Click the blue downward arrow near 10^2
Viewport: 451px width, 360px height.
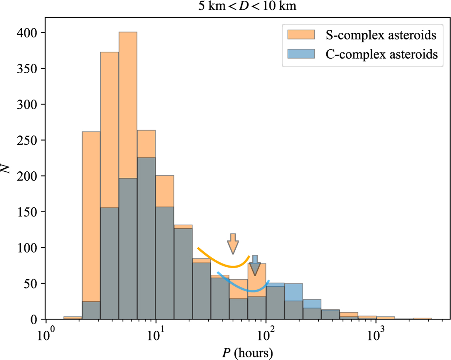(x=255, y=265)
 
